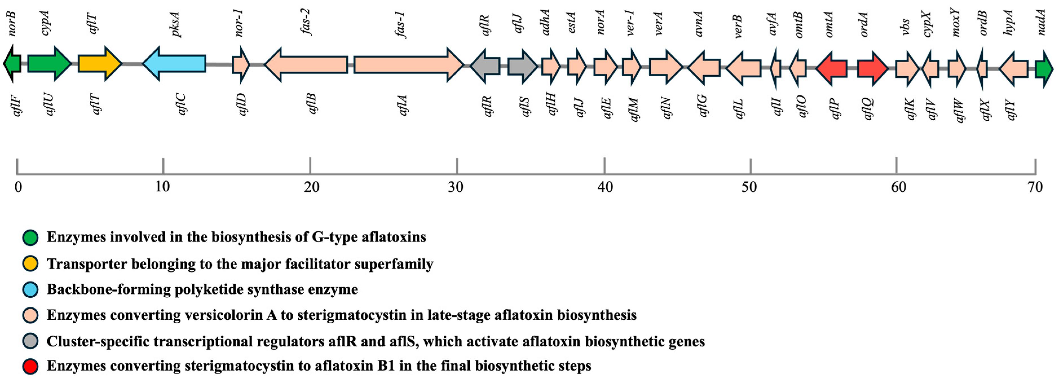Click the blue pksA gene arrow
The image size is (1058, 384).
pyautogui.click(x=175, y=64)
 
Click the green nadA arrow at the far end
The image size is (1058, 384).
pyautogui.click(x=1044, y=69)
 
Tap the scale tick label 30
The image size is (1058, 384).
pyautogui.click(x=456, y=187)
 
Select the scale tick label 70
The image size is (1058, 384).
pyautogui.click(x=1035, y=187)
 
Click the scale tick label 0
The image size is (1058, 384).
pyautogui.click(x=18, y=187)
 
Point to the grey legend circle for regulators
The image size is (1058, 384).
pyautogui.click(x=30, y=341)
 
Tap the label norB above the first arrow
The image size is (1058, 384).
pyautogui.click(x=12, y=23)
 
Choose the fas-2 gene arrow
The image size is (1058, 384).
pyautogui.click(x=306, y=64)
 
